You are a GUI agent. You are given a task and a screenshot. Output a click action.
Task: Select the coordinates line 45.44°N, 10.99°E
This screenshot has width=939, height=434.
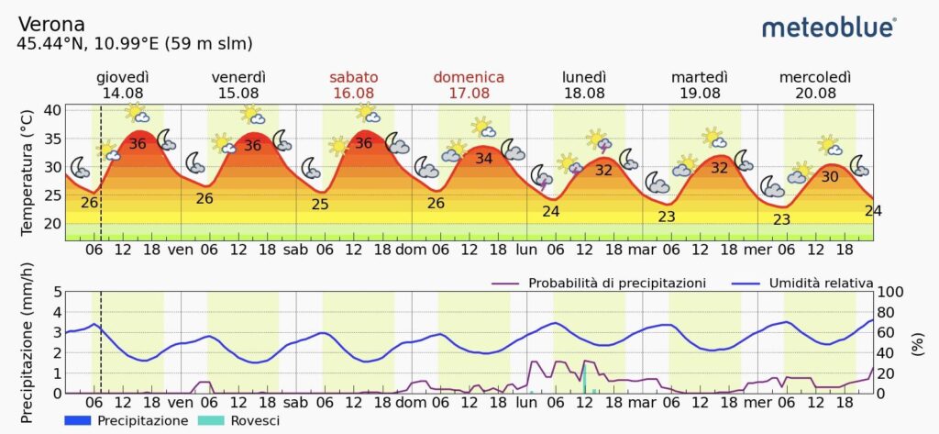135,43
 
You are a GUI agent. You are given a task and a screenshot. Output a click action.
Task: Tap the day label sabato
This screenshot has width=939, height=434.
353,77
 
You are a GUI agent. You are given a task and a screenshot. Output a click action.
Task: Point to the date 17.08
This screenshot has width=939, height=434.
469,93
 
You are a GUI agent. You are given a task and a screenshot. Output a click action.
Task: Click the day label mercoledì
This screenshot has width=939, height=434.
815,77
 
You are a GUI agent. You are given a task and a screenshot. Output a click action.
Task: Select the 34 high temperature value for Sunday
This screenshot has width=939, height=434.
484,158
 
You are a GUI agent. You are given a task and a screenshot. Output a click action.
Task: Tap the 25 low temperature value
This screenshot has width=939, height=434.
320,204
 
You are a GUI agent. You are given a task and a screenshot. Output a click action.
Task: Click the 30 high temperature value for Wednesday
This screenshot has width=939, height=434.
829,177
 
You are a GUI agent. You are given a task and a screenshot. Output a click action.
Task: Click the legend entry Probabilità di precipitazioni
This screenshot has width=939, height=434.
617,283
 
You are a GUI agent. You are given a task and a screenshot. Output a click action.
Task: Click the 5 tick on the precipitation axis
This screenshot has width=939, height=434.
57,293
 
